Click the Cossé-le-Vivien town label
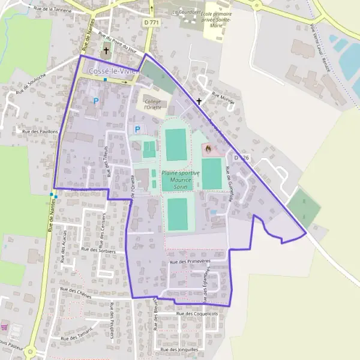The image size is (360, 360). pos(113,71)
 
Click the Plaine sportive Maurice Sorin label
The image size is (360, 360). pos(176,179)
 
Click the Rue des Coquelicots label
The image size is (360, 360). pos(197,313)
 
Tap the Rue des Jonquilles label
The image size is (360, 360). pos(179,348)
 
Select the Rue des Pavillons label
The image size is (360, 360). pos(40,131)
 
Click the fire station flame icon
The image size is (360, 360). pos(208,148)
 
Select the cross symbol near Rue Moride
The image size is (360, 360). pos(199,102)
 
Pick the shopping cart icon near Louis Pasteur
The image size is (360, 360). pos(5,328)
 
